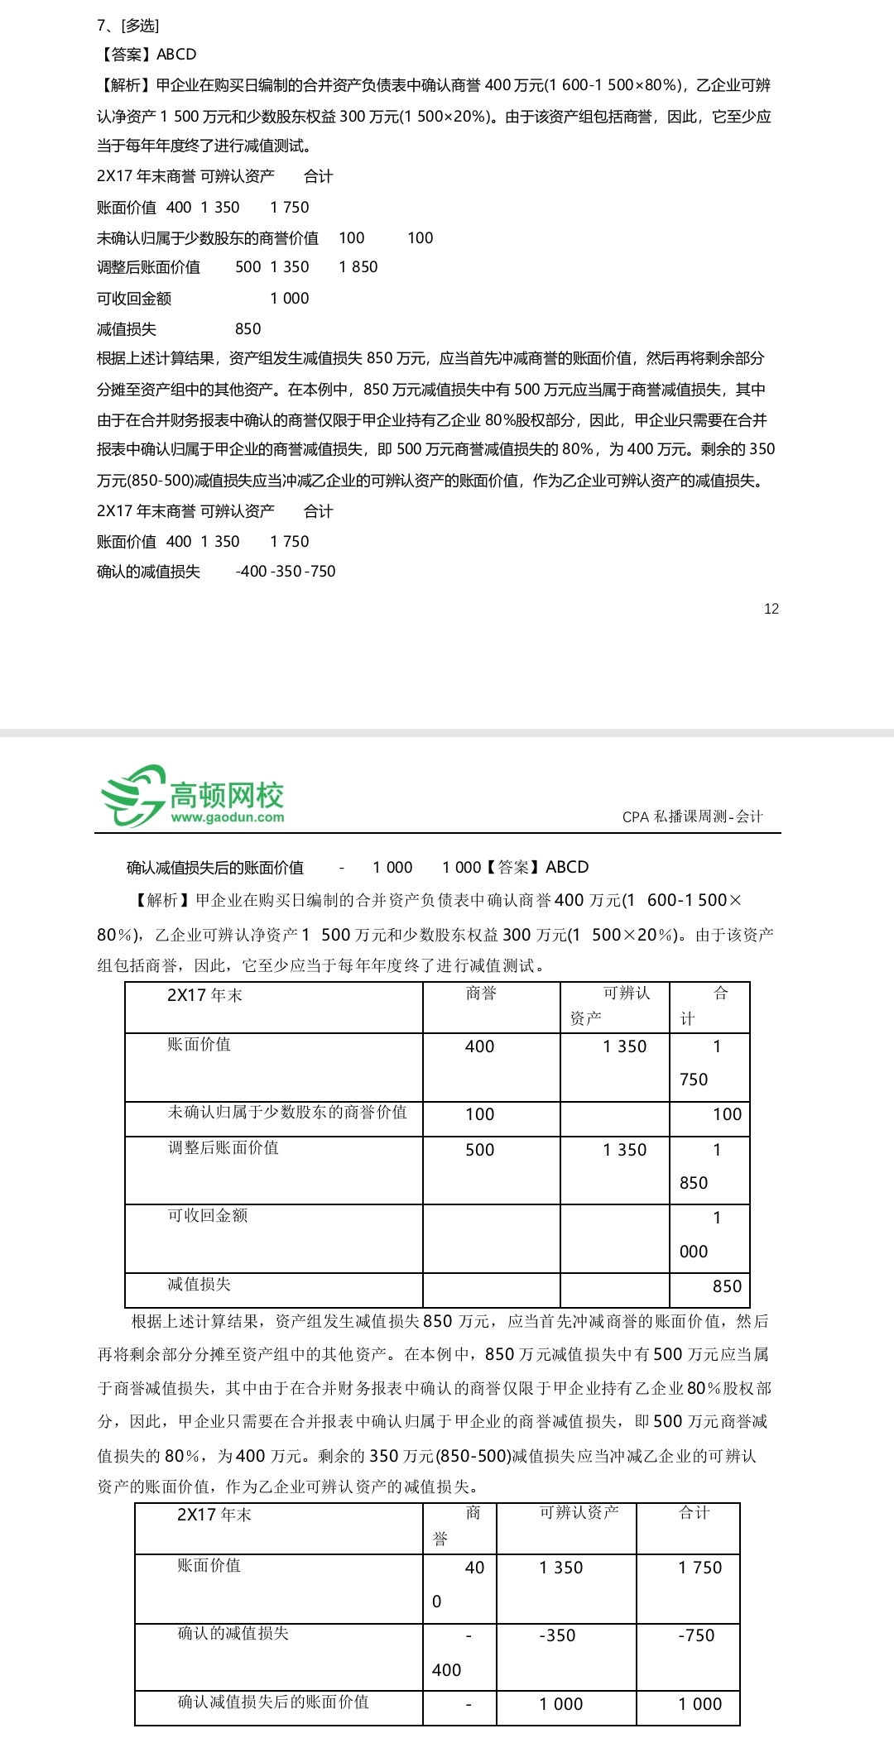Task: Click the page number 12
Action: coord(771,609)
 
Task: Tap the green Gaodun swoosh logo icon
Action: coord(132,795)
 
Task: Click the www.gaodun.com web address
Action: coord(228,817)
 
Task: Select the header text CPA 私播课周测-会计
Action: coord(692,816)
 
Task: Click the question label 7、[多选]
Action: coord(127,26)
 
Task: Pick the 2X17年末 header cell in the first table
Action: coord(204,995)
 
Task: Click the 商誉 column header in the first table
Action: coord(480,993)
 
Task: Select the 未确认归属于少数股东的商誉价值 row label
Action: coord(287,1113)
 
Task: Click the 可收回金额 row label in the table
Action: coord(207,1215)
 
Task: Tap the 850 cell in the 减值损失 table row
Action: coord(727,1286)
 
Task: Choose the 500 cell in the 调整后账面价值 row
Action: coord(479,1150)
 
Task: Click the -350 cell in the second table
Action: coord(557,1635)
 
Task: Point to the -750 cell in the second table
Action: coord(696,1635)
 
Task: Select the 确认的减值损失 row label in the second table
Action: coord(233,1634)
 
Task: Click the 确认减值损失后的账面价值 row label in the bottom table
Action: coord(273,1702)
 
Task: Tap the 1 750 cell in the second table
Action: coord(699,1568)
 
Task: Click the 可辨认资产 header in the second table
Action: coord(579,1513)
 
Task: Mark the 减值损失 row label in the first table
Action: coord(199,1284)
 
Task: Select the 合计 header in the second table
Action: coord(694,1513)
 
